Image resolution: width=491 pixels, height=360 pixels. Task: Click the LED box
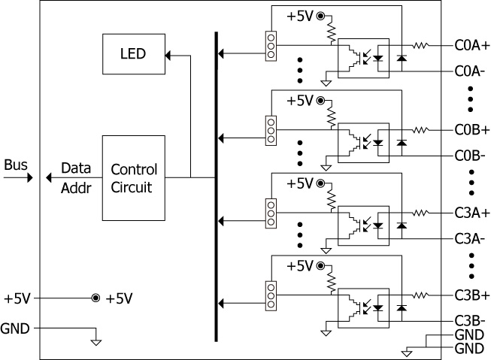click(x=132, y=54)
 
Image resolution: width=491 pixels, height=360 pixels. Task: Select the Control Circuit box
click(x=132, y=177)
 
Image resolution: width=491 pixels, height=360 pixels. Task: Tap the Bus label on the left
click(x=16, y=164)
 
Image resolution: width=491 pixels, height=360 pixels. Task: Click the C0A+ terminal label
click(x=472, y=45)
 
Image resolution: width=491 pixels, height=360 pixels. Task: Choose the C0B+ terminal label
click(x=472, y=129)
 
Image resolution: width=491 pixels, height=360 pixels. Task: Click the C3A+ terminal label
click(x=472, y=213)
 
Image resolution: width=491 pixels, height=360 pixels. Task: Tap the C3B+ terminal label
click(x=472, y=295)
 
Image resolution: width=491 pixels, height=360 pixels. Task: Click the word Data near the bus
click(x=76, y=168)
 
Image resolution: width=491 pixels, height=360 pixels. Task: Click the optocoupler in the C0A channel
click(x=363, y=56)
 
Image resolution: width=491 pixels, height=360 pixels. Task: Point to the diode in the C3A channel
click(x=402, y=224)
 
